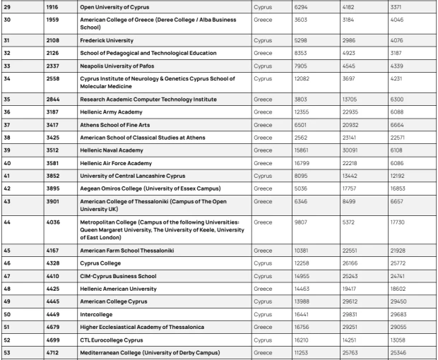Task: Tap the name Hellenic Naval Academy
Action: coord(115,150)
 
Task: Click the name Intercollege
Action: coord(97,313)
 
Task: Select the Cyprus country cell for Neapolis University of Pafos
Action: coord(262,67)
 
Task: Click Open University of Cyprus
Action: coord(115,7)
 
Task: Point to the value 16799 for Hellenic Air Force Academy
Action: coord(304,162)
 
